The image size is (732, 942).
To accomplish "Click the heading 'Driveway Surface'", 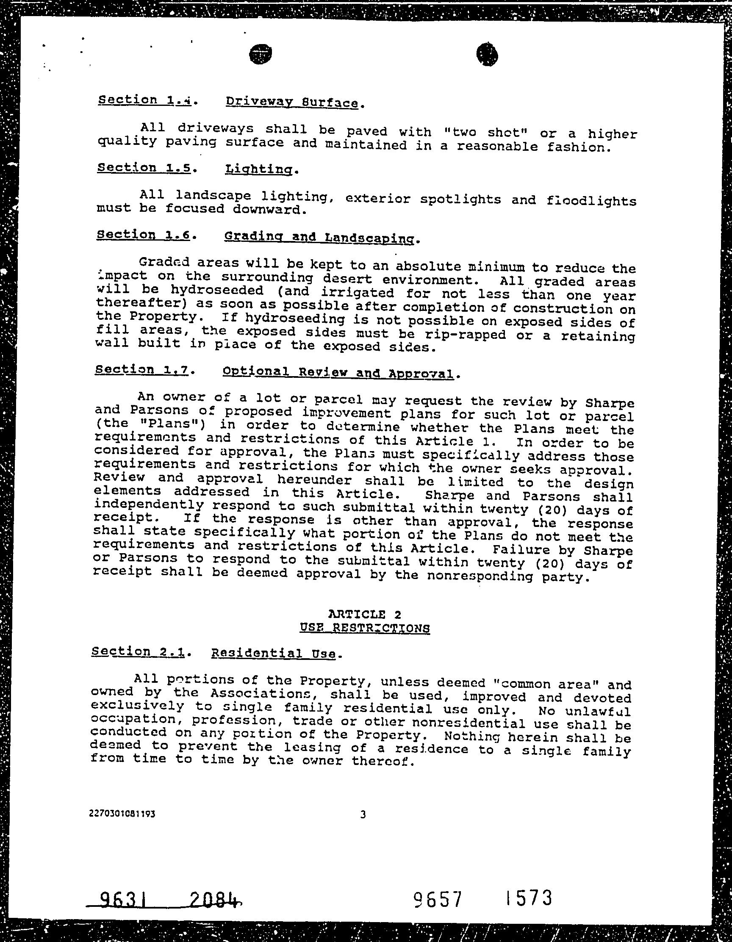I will pyautogui.click(x=291, y=103).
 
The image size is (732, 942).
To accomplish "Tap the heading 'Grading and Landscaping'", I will pyautogui.click(x=321, y=237).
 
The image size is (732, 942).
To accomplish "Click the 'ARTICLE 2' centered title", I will pyautogui.click(x=364, y=614).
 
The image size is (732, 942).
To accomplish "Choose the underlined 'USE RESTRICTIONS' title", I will pyautogui.click(x=364, y=628).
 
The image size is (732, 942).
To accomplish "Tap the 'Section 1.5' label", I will pyautogui.click(x=144, y=168).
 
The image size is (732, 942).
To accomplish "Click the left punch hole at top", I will pyautogui.click(x=261, y=54).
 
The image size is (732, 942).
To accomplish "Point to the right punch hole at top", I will pyautogui.click(x=487, y=55).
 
